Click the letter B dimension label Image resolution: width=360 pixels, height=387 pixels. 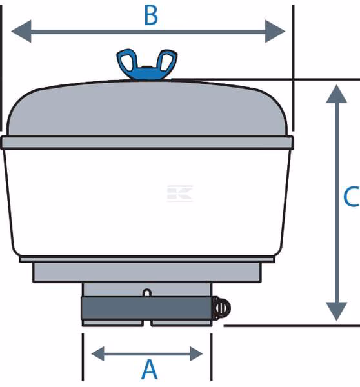click(x=150, y=15)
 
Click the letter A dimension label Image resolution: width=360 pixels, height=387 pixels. click(x=150, y=370)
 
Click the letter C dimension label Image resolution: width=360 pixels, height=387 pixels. click(x=351, y=196)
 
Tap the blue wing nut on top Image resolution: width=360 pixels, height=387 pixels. click(x=147, y=64)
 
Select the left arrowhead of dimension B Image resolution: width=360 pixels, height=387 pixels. click(x=21, y=32)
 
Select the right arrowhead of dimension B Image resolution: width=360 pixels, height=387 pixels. click(x=275, y=32)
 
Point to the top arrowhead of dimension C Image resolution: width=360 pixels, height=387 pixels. click(x=337, y=94)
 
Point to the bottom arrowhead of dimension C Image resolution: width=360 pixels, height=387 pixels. click(x=337, y=312)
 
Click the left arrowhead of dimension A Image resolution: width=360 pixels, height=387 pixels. click(x=97, y=353)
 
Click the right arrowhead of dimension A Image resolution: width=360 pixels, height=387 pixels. click(x=197, y=353)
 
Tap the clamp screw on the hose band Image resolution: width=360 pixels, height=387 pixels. click(x=221, y=308)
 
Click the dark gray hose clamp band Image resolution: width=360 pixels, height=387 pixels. click(x=146, y=308)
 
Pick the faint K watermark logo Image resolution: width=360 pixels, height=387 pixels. click(x=180, y=193)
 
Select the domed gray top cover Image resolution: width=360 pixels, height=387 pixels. click(x=147, y=108)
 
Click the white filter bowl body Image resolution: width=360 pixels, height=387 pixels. click(x=147, y=203)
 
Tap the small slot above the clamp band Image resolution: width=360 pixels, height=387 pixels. click(x=147, y=293)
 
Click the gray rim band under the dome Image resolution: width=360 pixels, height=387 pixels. click(x=147, y=143)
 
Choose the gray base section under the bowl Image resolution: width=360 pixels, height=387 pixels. click(x=147, y=272)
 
